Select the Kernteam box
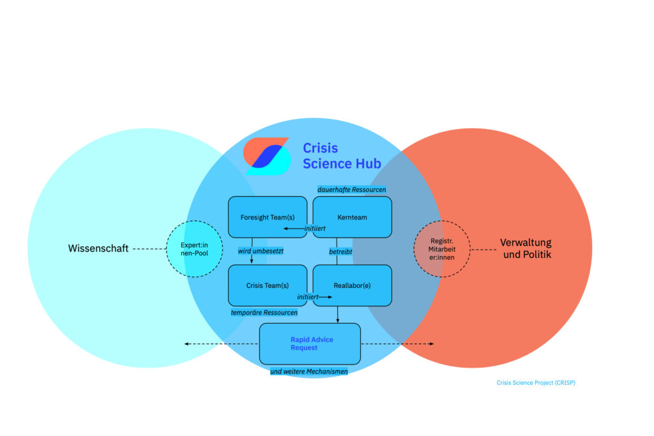pyautogui.click(x=352, y=217)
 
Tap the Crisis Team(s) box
pyautogui.click(x=268, y=285)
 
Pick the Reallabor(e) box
pyautogui.click(x=352, y=285)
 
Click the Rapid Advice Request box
pyautogui.click(x=310, y=344)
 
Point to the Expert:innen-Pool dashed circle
pyautogui.click(x=194, y=249)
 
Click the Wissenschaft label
pyautogui.click(x=98, y=248)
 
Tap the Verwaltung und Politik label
pyautogui.click(x=525, y=248)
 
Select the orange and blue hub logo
pyautogui.click(x=266, y=156)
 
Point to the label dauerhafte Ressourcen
pyautogui.click(x=352, y=190)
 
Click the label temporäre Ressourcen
pyautogui.click(x=264, y=313)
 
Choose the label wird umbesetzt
pyautogui.click(x=261, y=251)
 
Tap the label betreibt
pyautogui.click(x=340, y=252)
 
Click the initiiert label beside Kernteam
pyautogui.click(x=315, y=228)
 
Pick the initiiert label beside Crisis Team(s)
pyautogui.click(x=308, y=297)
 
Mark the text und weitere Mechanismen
pyautogui.click(x=309, y=371)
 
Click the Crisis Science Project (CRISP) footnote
pyautogui.click(x=536, y=383)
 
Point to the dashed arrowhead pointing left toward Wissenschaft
pyautogui.click(x=186, y=344)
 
